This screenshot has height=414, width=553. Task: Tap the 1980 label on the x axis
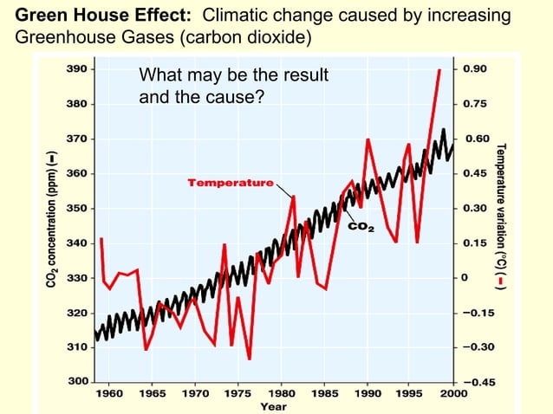click(x=280, y=392)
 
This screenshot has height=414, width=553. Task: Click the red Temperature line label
click(x=230, y=183)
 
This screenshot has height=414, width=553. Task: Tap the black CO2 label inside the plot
click(x=361, y=228)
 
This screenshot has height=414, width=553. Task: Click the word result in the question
click(x=303, y=76)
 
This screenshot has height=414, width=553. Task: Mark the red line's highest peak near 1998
click(x=439, y=70)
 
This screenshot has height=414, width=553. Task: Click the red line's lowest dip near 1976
click(x=249, y=358)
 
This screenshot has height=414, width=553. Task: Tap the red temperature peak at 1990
click(x=368, y=139)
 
